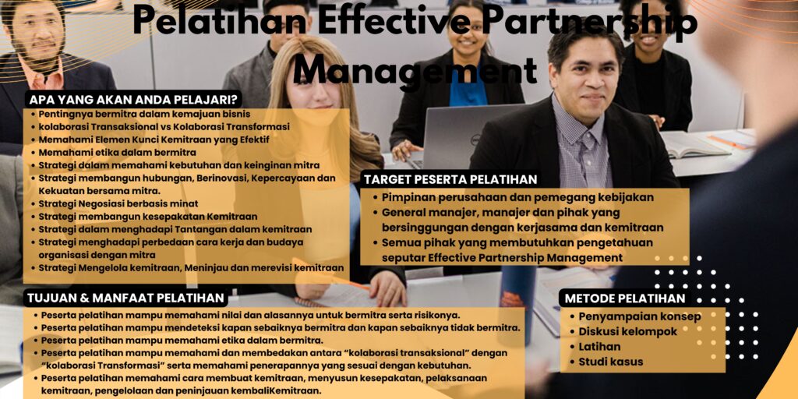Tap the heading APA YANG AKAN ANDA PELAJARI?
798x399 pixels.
pyautogui.click(x=133, y=100)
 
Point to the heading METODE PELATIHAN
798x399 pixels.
pyautogui.click(x=625, y=298)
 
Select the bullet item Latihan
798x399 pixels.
pyautogui.click(x=599, y=347)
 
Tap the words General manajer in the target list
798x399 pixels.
pyautogui.click(x=425, y=212)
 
